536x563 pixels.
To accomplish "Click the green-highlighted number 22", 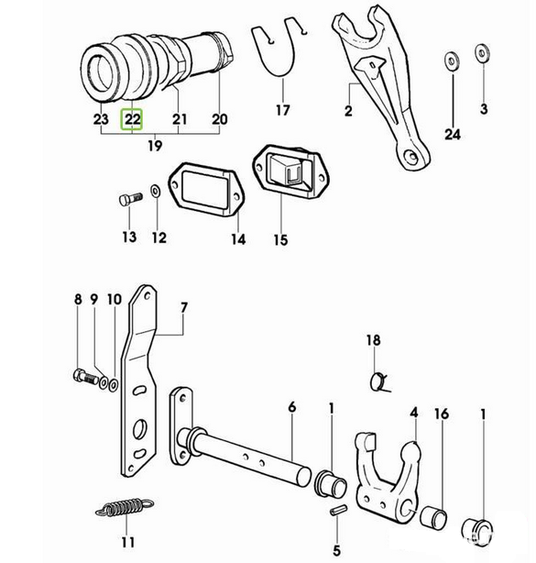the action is tap(132, 119).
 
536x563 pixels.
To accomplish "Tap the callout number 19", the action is tap(155, 146).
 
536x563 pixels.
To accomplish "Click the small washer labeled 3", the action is tap(481, 52).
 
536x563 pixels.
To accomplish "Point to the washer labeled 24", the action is tap(452, 61).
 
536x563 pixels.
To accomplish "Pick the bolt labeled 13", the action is tap(130, 199).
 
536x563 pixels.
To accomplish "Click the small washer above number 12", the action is tap(156, 191).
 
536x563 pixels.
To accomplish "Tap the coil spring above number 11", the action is tap(125, 507).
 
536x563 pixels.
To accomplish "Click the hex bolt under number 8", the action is tap(86, 377).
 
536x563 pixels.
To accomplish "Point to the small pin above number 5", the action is tap(338, 510).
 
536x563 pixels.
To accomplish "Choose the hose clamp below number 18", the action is tap(378, 382).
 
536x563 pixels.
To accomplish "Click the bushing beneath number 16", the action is tap(433, 518).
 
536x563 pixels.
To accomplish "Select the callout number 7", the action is tap(183, 308).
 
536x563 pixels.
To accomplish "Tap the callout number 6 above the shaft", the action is tap(292, 407).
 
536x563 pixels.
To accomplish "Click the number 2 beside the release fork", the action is tap(348, 111).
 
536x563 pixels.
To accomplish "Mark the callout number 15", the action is tap(280, 240).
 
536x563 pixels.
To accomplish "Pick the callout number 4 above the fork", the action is tap(414, 413).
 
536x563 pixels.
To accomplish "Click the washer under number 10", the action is tap(113, 385).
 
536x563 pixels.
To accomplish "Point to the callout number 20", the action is tap(220, 119).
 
